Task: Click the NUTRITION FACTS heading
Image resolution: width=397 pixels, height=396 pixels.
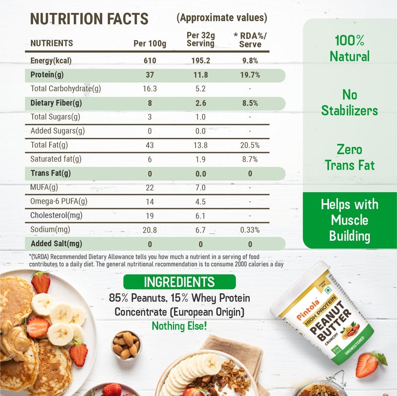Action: (89, 19)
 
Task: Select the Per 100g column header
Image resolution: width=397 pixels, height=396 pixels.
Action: (150, 43)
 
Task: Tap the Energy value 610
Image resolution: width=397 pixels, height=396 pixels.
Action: (150, 61)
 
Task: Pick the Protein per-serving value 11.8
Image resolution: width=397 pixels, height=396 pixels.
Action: (200, 75)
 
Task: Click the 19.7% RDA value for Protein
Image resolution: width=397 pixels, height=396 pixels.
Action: (250, 75)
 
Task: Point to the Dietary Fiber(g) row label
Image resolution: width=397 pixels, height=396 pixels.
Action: (57, 103)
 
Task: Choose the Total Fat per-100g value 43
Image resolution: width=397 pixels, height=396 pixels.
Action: (150, 145)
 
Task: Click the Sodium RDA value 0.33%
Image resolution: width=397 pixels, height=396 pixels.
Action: (250, 229)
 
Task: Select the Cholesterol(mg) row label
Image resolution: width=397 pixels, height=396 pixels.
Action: (57, 216)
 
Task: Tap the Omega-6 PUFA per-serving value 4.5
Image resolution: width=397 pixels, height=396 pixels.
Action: (200, 201)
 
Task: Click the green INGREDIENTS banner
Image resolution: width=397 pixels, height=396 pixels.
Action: (179, 283)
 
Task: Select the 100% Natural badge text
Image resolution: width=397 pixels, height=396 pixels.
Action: (350, 48)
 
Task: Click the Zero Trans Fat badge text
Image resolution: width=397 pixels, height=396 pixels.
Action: (350, 157)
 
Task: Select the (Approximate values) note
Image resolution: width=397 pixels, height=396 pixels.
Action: (222, 18)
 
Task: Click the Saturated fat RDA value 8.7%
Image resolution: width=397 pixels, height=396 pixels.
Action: (250, 159)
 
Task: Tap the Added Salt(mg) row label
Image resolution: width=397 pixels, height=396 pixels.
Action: (57, 244)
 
